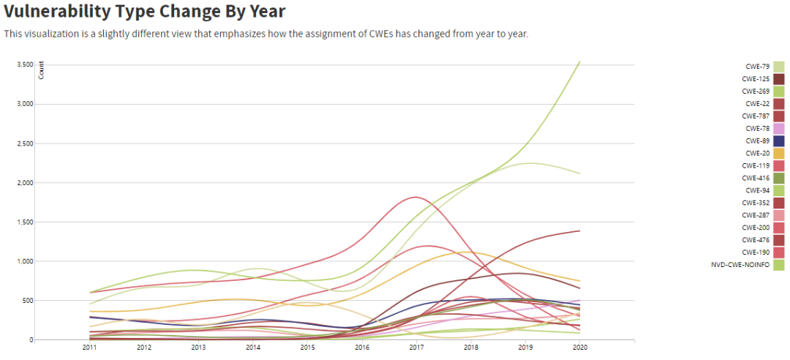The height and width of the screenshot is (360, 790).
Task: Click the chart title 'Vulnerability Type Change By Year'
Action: (x=144, y=12)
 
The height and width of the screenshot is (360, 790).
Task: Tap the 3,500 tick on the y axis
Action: (x=26, y=64)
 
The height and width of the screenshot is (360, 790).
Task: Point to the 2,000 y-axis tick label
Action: (x=26, y=183)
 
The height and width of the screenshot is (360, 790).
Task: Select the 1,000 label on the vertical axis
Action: (x=26, y=261)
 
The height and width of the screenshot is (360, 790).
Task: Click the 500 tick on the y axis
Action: (x=28, y=301)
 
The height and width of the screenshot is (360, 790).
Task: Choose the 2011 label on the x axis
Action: (x=89, y=348)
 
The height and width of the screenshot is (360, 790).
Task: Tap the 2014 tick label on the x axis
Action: (x=253, y=348)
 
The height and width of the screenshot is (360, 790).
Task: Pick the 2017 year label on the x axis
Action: (x=416, y=348)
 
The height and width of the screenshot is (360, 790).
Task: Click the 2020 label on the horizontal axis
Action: (x=580, y=348)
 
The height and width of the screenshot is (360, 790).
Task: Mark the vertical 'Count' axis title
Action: (x=41, y=72)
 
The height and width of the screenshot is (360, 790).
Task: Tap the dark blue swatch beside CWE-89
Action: (x=779, y=140)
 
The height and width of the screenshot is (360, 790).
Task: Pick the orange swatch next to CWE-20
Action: (x=779, y=153)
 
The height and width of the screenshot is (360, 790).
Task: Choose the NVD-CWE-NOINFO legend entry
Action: (x=740, y=265)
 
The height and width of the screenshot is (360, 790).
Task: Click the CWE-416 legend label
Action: (x=754, y=178)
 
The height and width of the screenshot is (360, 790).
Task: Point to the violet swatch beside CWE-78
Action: (x=779, y=128)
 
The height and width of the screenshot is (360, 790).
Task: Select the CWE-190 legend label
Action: (x=754, y=252)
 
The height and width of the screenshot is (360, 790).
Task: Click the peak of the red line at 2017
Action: (x=416, y=197)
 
